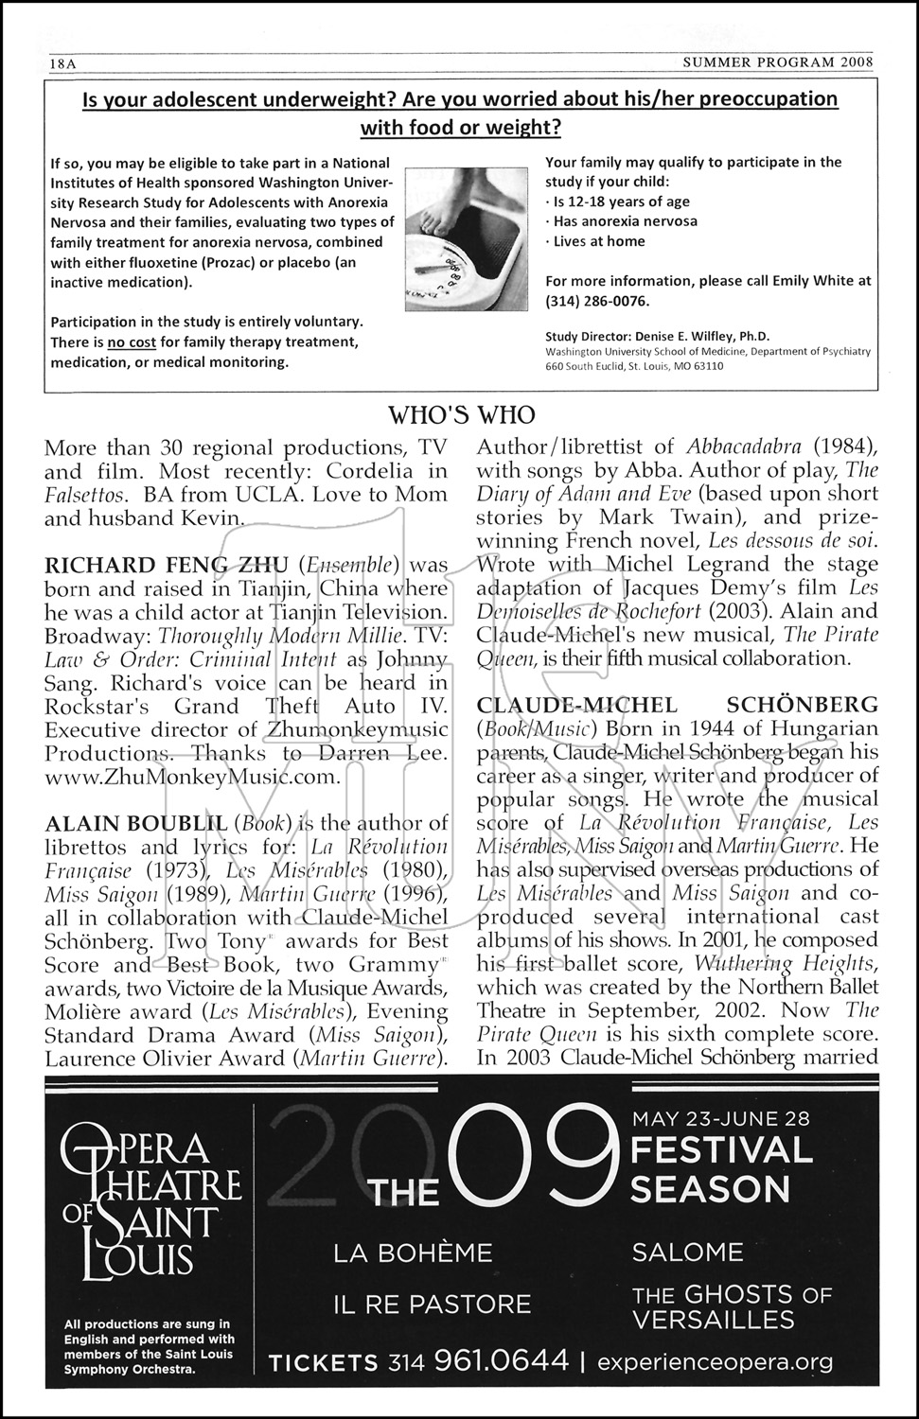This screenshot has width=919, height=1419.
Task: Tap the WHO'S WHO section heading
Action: (462, 414)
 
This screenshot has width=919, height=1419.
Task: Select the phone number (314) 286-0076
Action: (597, 301)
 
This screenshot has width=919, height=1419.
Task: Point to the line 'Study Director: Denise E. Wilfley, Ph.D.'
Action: (658, 336)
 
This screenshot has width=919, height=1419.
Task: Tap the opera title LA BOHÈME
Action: (413, 1253)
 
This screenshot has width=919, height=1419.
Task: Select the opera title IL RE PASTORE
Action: (432, 1305)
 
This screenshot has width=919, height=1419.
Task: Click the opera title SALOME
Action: (687, 1253)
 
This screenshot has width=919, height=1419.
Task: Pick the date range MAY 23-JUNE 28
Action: (720, 1117)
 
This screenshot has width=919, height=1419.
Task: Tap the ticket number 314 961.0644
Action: (478, 1362)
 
